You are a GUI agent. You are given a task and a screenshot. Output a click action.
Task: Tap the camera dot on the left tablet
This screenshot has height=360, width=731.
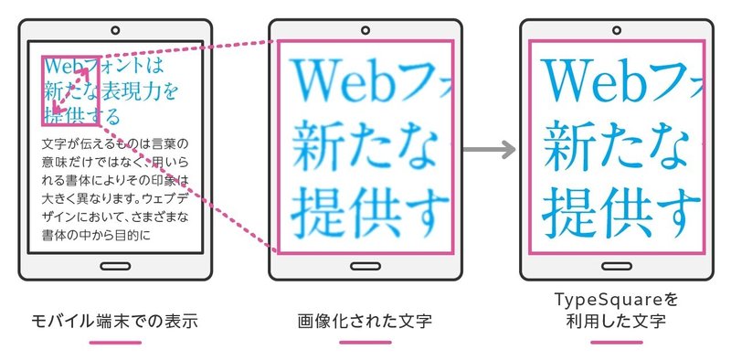pyautogui.click(x=115, y=30)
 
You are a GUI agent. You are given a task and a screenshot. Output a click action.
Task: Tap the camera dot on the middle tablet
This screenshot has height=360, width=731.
pyautogui.click(x=365, y=30)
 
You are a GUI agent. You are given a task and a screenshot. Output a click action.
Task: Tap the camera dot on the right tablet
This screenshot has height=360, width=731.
pyautogui.click(x=616, y=30)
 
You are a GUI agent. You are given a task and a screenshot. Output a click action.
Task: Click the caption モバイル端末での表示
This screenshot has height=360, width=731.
pyautogui.click(x=115, y=322)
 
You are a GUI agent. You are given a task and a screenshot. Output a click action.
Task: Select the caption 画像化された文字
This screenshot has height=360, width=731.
pyautogui.click(x=365, y=322)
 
